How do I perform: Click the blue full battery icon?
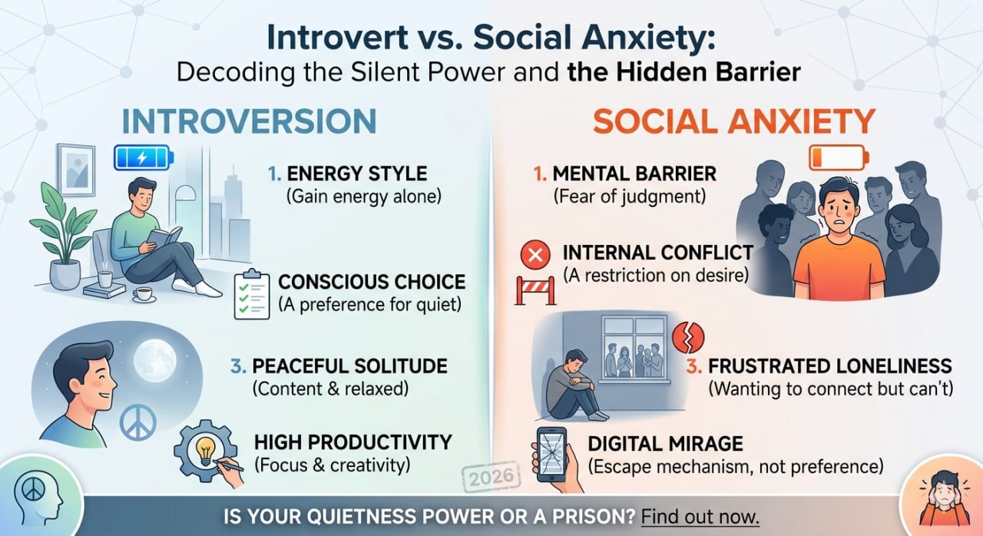pos(144,158)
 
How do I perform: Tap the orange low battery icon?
pos(839,158)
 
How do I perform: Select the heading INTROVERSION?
pos(249,122)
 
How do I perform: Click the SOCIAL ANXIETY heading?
pos(733,122)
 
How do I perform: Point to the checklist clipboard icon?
pos(252,296)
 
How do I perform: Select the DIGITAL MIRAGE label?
pos(665,443)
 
